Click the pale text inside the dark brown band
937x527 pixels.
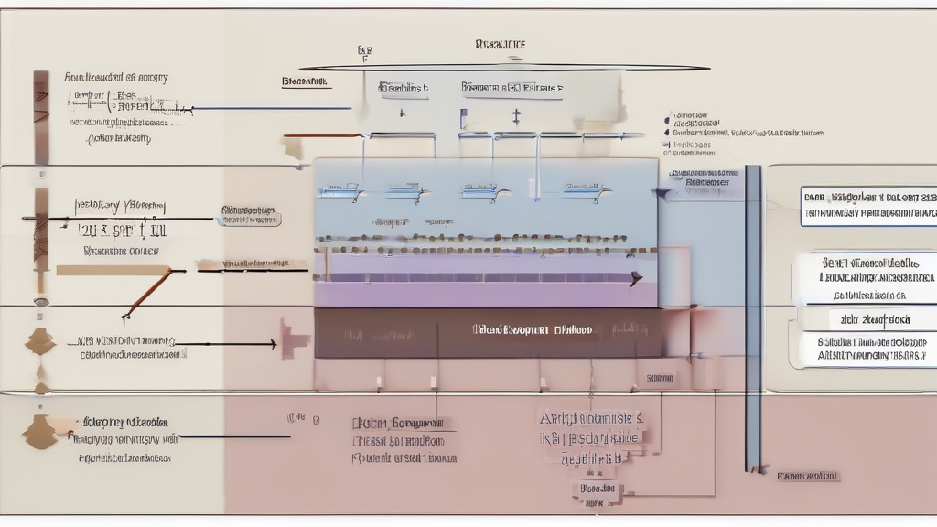pyautogui.click(x=532, y=329)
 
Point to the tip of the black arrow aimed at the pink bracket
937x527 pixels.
pyautogui.click(x=275, y=344)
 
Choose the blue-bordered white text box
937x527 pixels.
pyautogui.click(x=868, y=206)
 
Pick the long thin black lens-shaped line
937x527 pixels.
pyautogui.click(x=503, y=68)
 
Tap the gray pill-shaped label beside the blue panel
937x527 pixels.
pyautogui.click(x=250, y=216)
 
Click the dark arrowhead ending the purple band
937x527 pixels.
pyautogui.click(x=637, y=279)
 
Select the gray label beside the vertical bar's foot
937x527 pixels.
pyautogui.click(x=808, y=477)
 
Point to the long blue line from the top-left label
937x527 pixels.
pyautogui.click(x=275, y=109)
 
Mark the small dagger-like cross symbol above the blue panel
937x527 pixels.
pyautogui.click(x=516, y=116)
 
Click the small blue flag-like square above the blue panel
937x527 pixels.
pyautogui.click(x=464, y=118)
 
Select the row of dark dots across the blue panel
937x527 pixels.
pyautogui.click(x=485, y=248)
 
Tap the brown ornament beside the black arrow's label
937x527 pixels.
pyautogui.click(x=39, y=341)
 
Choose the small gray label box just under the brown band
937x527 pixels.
pyautogui.click(x=659, y=377)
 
